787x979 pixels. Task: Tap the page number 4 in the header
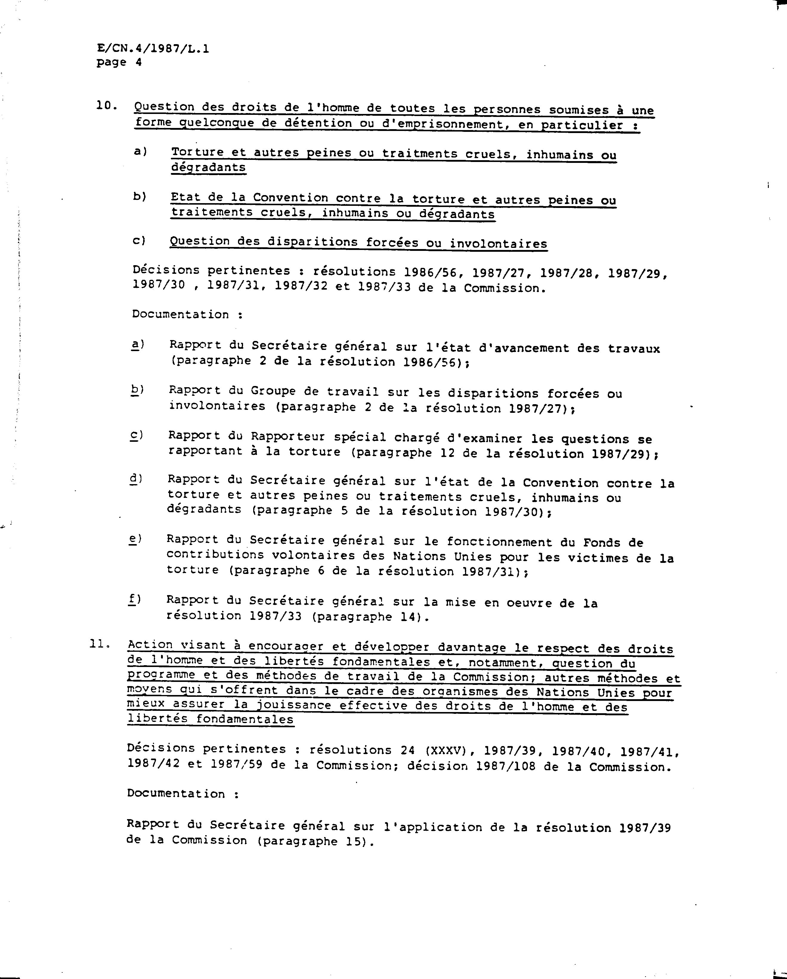(x=138, y=62)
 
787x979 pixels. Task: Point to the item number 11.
(x=100, y=644)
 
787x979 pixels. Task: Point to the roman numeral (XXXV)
(x=448, y=751)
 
